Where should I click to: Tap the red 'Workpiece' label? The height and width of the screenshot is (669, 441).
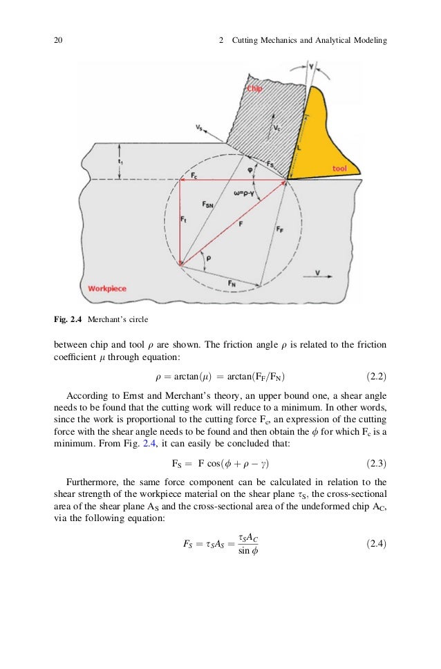click(x=107, y=288)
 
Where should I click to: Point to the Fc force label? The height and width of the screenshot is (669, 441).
click(x=195, y=176)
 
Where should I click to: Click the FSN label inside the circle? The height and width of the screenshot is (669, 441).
click(x=209, y=205)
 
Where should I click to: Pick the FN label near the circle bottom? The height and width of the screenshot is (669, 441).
click(x=233, y=283)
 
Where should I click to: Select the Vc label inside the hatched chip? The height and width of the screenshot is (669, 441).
click(x=277, y=129)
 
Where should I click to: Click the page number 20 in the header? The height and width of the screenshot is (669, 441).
click(x=58, y=41)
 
